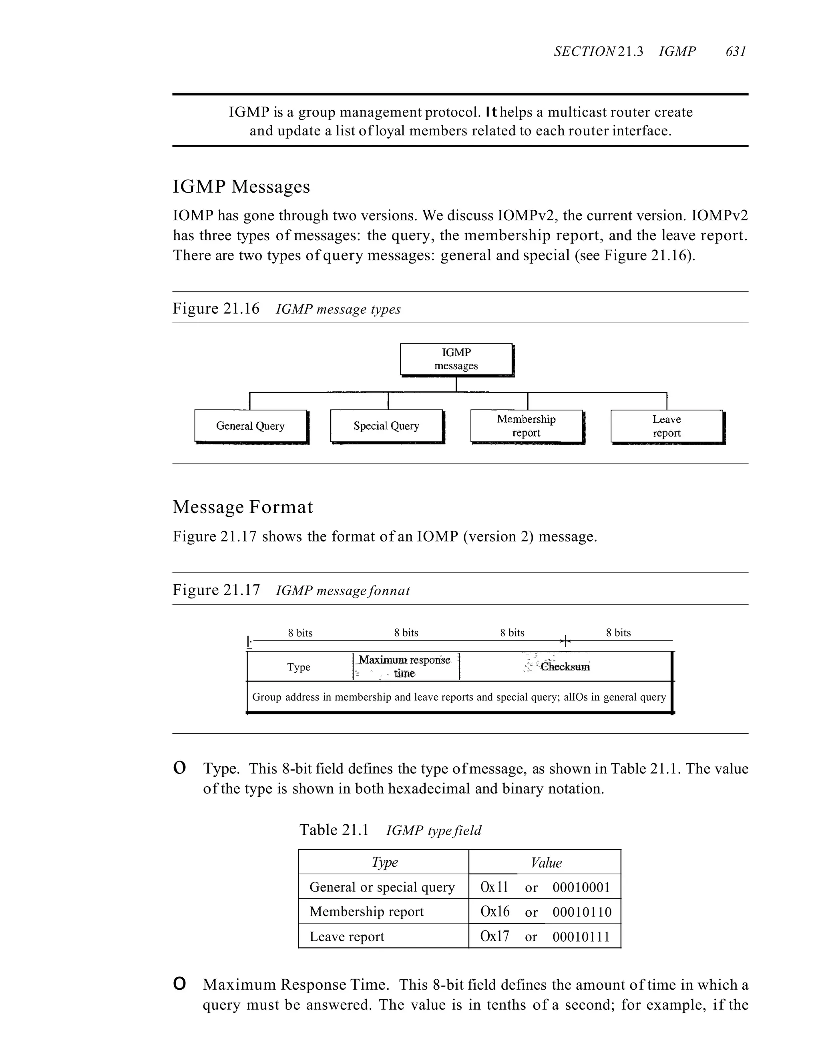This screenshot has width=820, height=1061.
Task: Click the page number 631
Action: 736,52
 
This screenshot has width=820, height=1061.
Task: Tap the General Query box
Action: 250,426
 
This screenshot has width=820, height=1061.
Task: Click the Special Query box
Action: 386,426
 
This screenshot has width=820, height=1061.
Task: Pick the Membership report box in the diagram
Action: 526,426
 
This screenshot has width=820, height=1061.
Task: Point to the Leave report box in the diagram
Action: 667,426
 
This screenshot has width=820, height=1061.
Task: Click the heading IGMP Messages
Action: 241,187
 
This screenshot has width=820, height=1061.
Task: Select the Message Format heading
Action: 242,507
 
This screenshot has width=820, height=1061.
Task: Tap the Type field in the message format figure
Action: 299,667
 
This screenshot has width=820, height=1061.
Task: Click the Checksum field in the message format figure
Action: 565,666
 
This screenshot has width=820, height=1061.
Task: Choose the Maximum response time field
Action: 405,666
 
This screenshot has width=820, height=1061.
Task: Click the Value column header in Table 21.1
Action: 546,862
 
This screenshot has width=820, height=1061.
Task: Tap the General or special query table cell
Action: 382,887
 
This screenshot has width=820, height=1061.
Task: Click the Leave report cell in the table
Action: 347,936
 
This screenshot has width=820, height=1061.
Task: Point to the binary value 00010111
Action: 581,936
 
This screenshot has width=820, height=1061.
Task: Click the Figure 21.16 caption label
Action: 216,309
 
